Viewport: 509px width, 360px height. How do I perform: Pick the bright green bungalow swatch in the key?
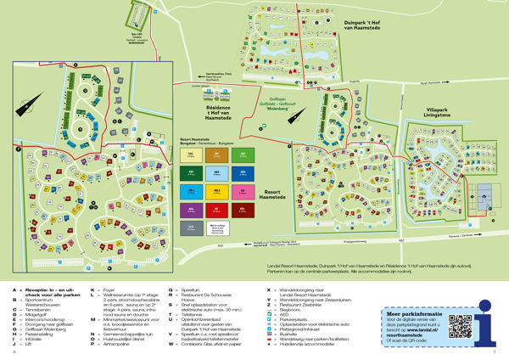243,155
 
